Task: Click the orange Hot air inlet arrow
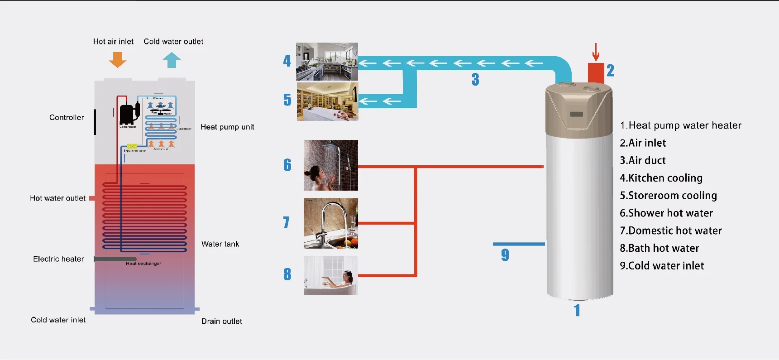click(x=118, y=59)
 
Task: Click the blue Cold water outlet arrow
click(x=172, y=60)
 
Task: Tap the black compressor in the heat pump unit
click(x=128, y=114)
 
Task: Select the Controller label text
click(x=67, y=117)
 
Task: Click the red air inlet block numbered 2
click(x=596, y=73)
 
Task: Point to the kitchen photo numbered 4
click(x=327, y=62)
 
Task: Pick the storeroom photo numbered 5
click(x=327, y=101)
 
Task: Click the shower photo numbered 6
click(x=330, y=165)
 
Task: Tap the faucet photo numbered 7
click(x=330, y=223)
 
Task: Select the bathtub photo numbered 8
click(x=330, y=275)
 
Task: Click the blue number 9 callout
click(x=505, y=255)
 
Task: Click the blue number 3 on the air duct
click(x=475, y=80)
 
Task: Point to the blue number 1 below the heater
click(x=577, y=311)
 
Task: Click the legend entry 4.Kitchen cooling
click(x=661, y=178)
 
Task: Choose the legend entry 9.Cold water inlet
click(x=662, y=266)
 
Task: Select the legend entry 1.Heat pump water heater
click(x=680, y=125)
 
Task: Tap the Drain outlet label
click(x=221, y=321)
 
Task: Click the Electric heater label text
click(x=58, y=259)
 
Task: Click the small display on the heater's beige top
click(x=576, y=114)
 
